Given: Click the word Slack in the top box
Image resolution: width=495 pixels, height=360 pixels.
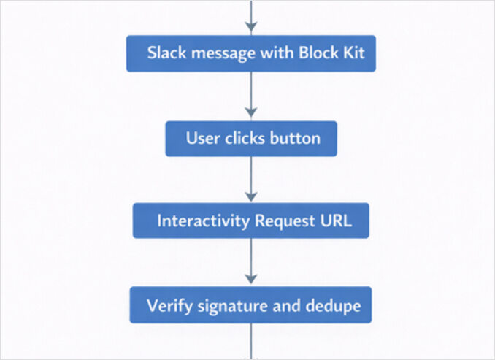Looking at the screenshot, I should coord(165,53).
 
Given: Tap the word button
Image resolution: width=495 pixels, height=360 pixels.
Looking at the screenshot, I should coord(296,138).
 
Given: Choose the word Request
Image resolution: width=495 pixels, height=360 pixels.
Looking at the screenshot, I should coord(281,221).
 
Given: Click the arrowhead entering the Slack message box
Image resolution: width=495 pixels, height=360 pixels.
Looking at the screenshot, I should coord(251,28).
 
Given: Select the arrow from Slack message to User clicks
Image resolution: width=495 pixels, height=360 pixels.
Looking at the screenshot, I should coord(251,95).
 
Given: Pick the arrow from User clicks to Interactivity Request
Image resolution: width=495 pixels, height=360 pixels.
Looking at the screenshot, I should coord(251,179).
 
